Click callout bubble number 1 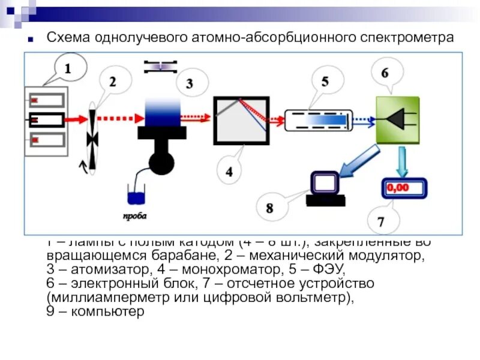pos(67,69)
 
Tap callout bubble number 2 pos(112,80)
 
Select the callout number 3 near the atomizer pos(190,83)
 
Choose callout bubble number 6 pos(385,72)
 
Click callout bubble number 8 pos(269,208)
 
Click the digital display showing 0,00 pos(403,188)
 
